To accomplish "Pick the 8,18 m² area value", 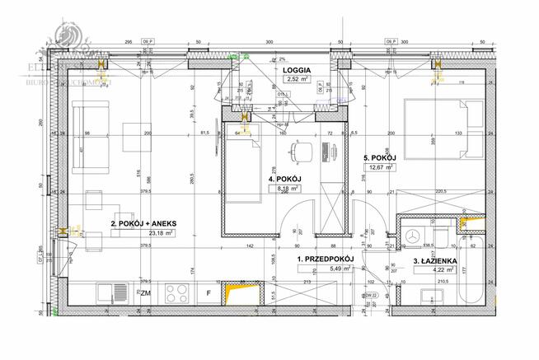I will tap(284, 189).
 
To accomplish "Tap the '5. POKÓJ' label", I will tap(380, 157).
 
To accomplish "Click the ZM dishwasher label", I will tap(145, 292).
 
